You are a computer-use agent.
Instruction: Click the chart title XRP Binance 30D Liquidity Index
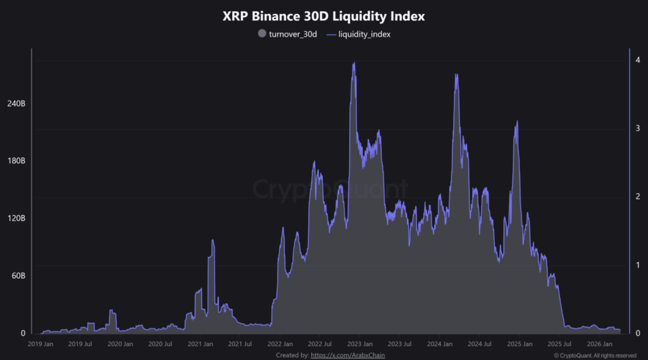coord(323,16)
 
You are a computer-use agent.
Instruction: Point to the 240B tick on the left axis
coord(16,103)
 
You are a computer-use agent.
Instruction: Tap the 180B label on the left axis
coord(16,161)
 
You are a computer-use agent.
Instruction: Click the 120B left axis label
coord(16,218)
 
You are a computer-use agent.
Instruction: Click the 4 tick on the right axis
coord(638,60)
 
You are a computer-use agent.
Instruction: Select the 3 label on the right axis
coord(638,128)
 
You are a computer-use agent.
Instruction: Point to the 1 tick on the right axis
coord(638,265)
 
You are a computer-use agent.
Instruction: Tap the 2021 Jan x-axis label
coord(200,344)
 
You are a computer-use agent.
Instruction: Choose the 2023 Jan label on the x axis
coord(359,344)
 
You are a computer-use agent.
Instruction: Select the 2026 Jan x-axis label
coord(599,344)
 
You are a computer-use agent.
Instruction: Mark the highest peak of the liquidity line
coord(354,63)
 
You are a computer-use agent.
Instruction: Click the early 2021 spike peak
coord(213,240)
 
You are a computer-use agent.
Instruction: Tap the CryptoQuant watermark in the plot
coord(323,189)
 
